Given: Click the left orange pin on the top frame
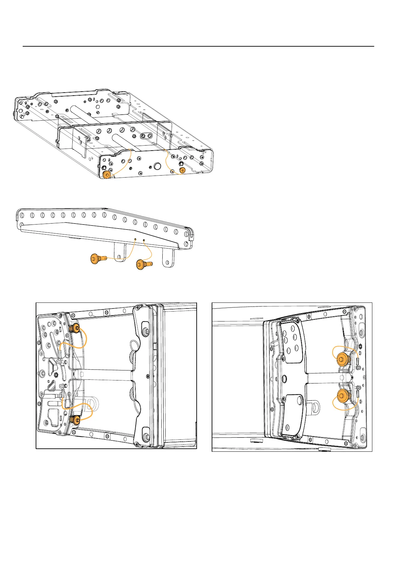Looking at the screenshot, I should [x=107, y=175].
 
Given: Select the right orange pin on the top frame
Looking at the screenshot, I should [x=182, y=171].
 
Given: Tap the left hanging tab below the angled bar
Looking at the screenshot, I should [x=120, y=253].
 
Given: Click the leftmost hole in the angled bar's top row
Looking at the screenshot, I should [x=22, y=215].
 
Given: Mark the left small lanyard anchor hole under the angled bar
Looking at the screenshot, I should [x=135, y=239].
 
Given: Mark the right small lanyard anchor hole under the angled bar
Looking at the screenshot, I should [x=144, y=240].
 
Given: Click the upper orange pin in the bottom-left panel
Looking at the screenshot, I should [x=75, y=328].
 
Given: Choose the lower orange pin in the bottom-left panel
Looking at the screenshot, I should [x=76, y=420].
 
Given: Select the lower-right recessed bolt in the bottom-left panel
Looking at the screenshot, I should [x=146, y=436].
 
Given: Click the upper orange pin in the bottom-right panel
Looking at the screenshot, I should [x=342, y=359].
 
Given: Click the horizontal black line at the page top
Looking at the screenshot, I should [x=198, y=46].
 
